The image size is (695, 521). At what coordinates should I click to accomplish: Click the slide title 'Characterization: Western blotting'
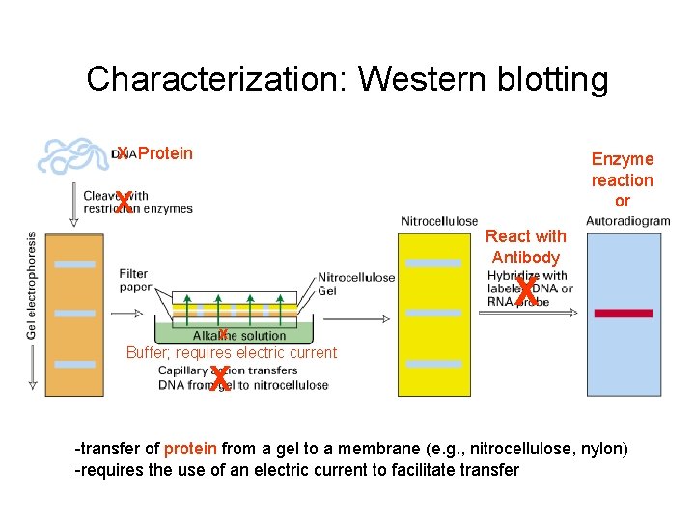[347, 79]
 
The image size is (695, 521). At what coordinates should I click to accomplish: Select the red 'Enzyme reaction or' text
[622, 179]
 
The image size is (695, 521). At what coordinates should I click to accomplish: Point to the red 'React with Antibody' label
[525, 247]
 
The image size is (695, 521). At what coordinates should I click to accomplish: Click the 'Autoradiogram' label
[627, 221]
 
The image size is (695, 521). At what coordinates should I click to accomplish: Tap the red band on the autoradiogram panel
[623, 313]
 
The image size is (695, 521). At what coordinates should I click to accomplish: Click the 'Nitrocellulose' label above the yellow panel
[439, 222]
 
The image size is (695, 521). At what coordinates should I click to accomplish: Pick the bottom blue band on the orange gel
[75, 364]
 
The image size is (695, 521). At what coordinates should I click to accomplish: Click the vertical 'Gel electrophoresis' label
[33, 286]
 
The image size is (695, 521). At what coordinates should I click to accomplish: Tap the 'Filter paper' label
[134, 280]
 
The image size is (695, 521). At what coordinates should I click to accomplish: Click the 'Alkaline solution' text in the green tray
[239, 335]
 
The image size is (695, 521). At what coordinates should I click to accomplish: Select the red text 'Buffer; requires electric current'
[232, 353]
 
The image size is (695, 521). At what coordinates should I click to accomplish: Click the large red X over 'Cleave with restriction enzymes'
[124, 203]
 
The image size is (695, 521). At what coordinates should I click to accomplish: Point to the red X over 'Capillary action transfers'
[220, 378]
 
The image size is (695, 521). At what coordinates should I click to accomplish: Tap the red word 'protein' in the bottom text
[190, 449]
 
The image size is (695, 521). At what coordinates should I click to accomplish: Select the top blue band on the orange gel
[75, 264]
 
